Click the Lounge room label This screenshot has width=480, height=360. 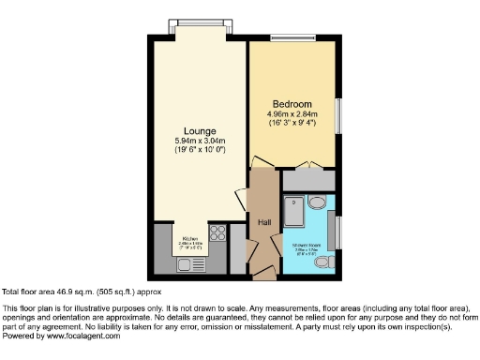click(201, 130)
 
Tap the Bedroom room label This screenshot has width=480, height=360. click(292, 103)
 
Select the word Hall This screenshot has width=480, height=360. click(264, 221)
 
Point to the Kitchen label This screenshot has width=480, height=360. click(191, 239)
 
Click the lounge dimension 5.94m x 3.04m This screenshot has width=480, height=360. click(201, 141)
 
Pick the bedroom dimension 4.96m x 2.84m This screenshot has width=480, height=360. click(292, 114)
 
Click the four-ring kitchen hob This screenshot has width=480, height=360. click(218, 234)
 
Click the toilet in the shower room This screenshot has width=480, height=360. click(323, 263)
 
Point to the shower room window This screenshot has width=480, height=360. click(339, 233)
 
